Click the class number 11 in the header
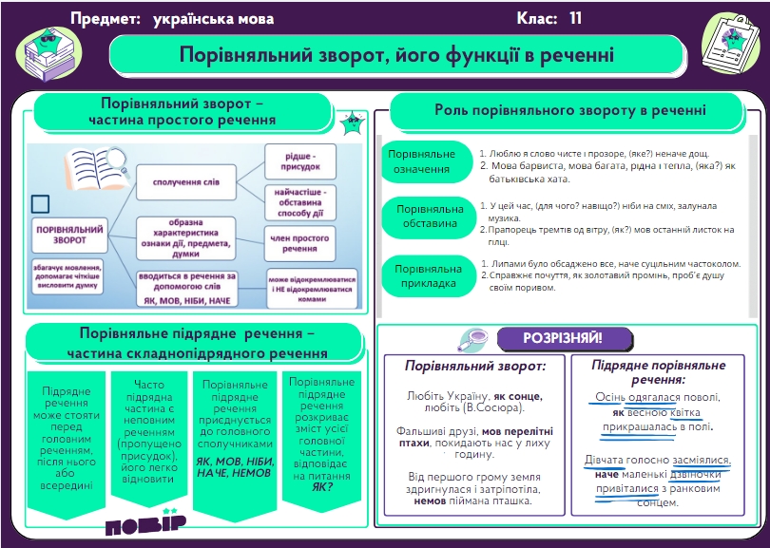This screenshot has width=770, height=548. coord(575,18)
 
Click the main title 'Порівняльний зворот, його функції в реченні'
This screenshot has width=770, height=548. coord(398,55)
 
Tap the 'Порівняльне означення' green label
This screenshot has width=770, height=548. coord(423,161)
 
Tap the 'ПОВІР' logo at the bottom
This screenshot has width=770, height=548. coord(145,524)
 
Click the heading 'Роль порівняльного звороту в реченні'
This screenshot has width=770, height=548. coord(569,110)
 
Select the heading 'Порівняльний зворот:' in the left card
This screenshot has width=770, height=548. coord(475,366)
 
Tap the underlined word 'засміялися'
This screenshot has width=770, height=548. coord(702,460)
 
